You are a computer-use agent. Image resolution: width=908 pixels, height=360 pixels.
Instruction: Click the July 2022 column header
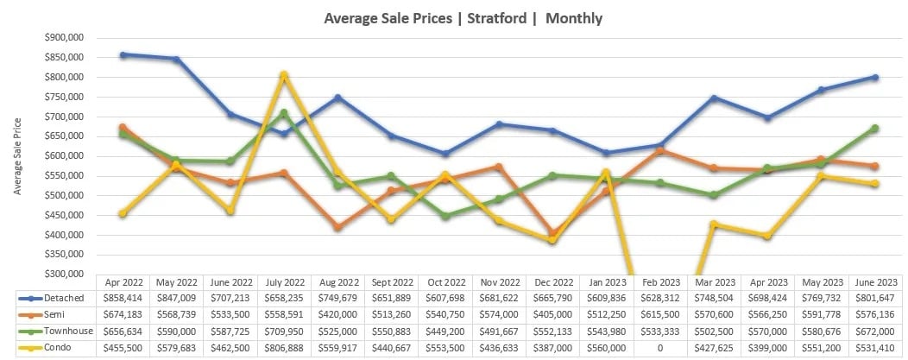tap(283, 281)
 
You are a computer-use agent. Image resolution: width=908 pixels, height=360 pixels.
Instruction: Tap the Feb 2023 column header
tap(660, 281)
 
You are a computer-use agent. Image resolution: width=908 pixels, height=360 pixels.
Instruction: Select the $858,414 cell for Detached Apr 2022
tap(123, 297)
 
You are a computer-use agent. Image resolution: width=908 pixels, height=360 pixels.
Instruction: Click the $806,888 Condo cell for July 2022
tap(283, 346)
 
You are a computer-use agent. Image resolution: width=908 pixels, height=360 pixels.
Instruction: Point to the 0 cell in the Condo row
tap(660, 346)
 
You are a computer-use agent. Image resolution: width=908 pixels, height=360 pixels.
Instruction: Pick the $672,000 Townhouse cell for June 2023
tap(874, 330)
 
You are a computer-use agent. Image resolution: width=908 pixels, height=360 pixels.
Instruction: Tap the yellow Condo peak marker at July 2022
tap(283, 75)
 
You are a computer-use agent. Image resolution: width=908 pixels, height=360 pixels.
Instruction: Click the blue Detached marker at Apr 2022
tap(123, 54)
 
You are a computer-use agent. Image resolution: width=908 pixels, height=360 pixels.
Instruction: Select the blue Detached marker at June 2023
tap(874, 77)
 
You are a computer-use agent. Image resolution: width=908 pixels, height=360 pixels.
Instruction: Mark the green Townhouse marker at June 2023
tap(874, 128)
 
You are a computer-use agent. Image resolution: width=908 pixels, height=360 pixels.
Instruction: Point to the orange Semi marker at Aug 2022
tap(337, 227)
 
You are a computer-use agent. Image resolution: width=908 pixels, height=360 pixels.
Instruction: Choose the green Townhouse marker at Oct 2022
tap(445, 216)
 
